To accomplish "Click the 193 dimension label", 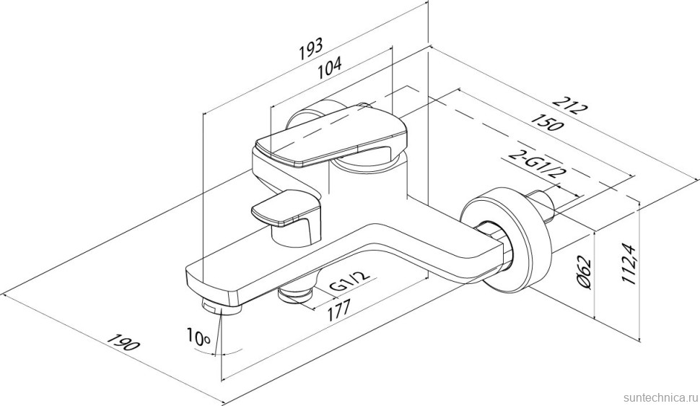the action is point(311,48).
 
